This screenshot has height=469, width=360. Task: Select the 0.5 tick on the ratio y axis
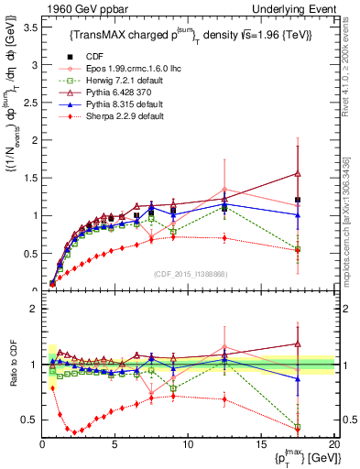(31, 420)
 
